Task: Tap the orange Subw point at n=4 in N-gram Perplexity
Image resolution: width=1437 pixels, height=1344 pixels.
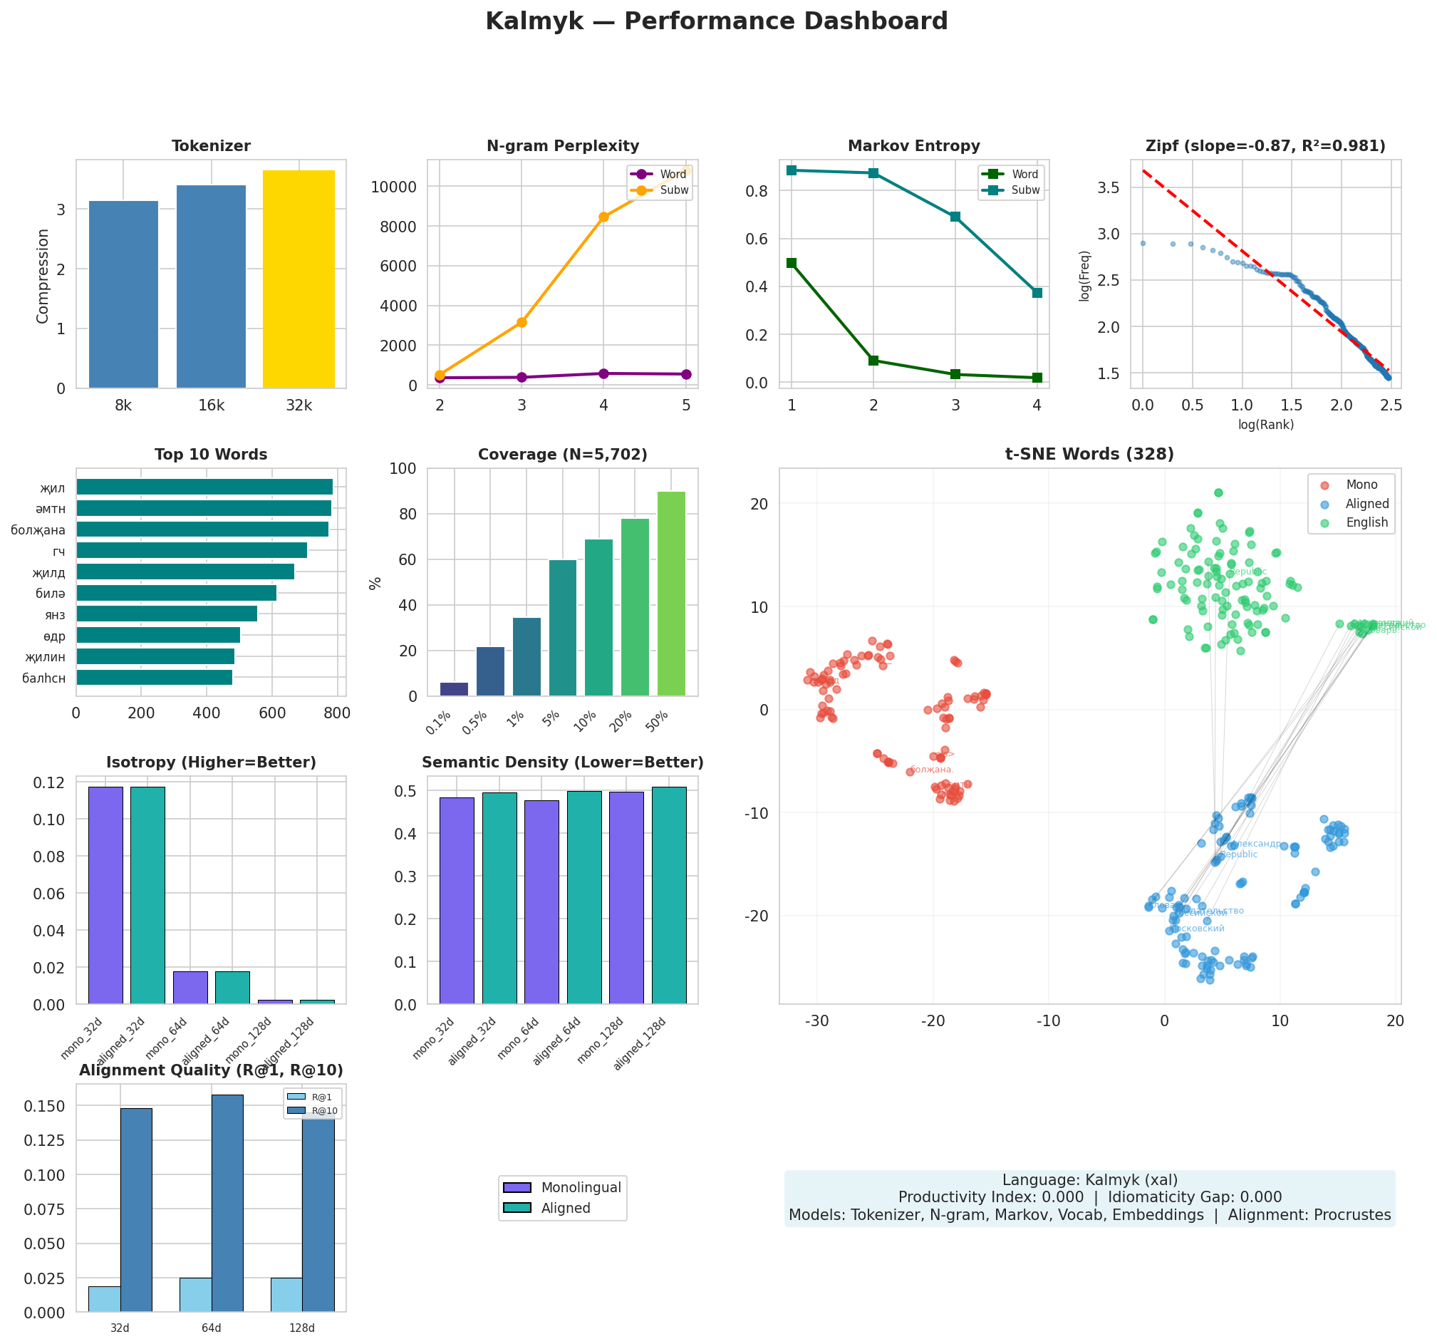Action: click(x=603, y=217)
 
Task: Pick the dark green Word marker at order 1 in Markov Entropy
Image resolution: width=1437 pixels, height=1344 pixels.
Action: click(x=792, y=263)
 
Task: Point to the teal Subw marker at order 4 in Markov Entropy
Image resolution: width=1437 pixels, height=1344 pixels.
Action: click(x=1037, y=293)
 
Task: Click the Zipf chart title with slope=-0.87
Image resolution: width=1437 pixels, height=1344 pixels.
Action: click(x=1265, y=147)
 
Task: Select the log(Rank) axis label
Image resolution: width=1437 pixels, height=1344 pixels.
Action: click(x=1265, y=425)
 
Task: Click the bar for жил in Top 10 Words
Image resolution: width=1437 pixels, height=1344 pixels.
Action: click(x=204, y=487)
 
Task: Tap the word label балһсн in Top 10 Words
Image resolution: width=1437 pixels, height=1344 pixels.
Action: click(x=43, y=678)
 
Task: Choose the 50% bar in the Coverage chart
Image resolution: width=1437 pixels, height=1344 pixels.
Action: click(x=671, y=594)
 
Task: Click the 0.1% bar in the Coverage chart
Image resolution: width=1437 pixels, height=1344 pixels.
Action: click(x=454, y=689)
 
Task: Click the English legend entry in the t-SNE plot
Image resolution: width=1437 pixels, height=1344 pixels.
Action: click(x=1366, y=523)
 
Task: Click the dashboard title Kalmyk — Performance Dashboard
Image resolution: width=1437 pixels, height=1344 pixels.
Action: click(x=716, y=21)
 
